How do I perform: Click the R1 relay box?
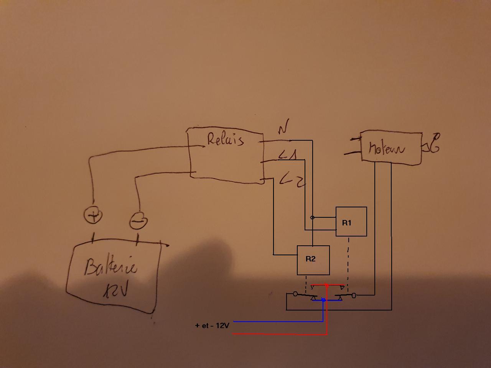pos(351,222)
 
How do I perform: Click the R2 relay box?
pos(313,260)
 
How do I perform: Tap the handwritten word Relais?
pos(225,139)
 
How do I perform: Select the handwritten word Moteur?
pos(386,148)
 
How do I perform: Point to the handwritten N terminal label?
pos(283,127)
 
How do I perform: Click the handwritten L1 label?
pos(288,156)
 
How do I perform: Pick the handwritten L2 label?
pos(292,179)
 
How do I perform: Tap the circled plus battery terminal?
pos(93,216)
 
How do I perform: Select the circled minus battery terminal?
pos(138,221)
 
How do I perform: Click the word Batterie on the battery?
pos(110,266)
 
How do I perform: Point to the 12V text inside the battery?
pos(115,290)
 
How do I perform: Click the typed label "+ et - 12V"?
pos(212,325)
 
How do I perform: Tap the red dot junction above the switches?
pos(326,286)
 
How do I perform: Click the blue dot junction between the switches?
pos(323,300)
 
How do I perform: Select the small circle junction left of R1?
pos(312,217)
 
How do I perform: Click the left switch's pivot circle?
pos(295,294)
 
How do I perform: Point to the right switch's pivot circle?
pos(354,295)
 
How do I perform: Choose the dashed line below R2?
pos(306,283)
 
